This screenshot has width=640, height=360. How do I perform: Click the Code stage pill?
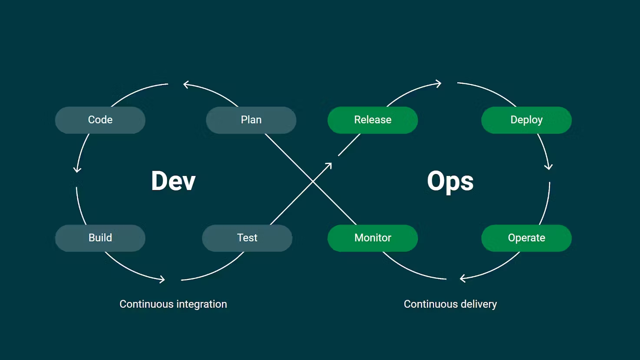coord(100,120)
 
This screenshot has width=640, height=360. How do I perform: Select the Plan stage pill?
coord(251,120)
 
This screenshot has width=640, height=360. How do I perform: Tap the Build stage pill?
coord(100,238)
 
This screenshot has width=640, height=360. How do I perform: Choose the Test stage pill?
coord(247,238)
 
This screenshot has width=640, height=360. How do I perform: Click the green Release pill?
coord(373,120)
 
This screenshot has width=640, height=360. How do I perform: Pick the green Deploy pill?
coord(526,120)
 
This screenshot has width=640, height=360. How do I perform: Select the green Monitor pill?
coord(373,238)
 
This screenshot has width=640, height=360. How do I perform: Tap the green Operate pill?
coord(526,238)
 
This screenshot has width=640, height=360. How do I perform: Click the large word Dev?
coord(173,181)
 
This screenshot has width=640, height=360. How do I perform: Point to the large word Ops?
coord(450,181)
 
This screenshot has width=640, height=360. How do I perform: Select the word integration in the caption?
coord(201,304)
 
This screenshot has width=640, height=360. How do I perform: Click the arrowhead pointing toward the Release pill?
coord(329,166)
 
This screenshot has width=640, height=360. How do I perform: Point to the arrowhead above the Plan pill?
coord(186,84)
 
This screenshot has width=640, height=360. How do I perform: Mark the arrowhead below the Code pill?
coord(77,169)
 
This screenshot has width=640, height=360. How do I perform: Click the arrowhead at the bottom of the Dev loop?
coord(162,279)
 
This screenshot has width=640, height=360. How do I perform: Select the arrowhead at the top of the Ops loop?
coord(439,83)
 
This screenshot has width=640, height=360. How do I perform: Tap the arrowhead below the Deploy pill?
coord(549,166)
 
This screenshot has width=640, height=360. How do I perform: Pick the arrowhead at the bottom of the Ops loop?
coord(463,278)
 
